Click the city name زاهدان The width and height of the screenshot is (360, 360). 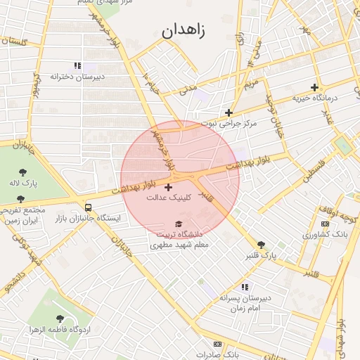click(x=186, y=31)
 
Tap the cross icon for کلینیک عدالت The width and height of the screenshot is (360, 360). click(x=167, y=187)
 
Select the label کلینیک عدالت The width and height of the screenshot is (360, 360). click(x=167, y=198)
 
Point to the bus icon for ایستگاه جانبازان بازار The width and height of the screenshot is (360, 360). click(x=88, y=207)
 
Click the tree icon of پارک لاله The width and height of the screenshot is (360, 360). click(x=22, y=172)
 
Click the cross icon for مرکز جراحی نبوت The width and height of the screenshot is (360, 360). click(x=229, y=112)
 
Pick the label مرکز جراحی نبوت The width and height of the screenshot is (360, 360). click(x=229, y=123)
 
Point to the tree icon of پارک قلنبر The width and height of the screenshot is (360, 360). click(x=262, y=244)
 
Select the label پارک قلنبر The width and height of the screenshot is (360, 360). click(x=259, y=255)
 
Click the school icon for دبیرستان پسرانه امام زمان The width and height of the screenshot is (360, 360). click(x=245, y=287)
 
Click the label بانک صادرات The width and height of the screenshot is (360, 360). click(x=215, y=354)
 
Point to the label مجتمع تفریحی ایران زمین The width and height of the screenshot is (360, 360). click(x=22, y=215)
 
